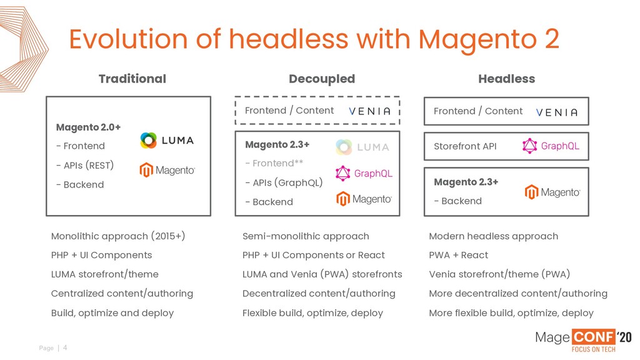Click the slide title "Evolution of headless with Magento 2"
[x=314, y=39]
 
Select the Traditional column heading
[x=132, y=79]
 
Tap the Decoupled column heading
[x=321, y=79]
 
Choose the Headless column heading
[x=506, y=79]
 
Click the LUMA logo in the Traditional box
[x=167, y=141]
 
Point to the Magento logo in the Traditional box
[x=167, y=170]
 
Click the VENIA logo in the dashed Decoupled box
[x=369, y=111]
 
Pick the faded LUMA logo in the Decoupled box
[x=362, y=147]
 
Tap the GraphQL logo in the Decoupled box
[x=364, y=173]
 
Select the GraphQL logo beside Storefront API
[x=551, y=146]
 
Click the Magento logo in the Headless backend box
[x=552, y=192]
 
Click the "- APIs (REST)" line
[x=85, y=166]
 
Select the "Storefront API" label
[x=465, y=146]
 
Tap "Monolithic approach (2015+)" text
[x=118, y=236]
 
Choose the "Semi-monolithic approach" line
[x=306, y=236]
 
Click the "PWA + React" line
[x=458, y=255]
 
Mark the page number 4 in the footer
[x=65, y=347]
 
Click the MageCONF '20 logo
[x=582, y=341]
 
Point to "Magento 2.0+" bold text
[x=88, y=127]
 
